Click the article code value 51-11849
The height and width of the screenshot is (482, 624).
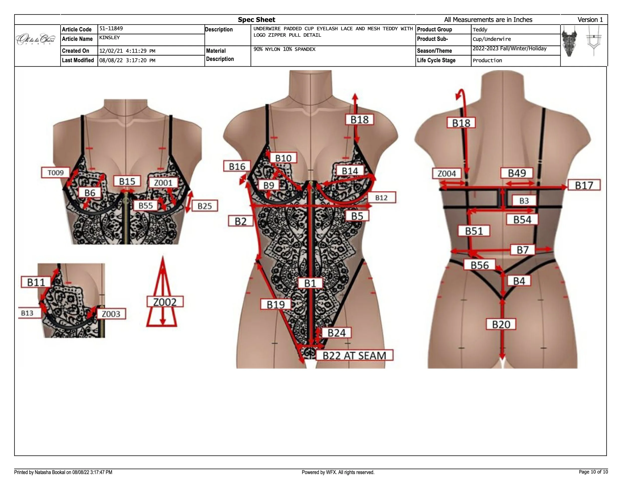(111, 28)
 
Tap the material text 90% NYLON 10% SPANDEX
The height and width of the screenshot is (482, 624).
(284, 49)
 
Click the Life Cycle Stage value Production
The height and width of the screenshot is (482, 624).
(487, 61)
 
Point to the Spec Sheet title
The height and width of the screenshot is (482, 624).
(256, 20)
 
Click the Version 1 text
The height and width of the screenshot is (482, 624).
(590, 20)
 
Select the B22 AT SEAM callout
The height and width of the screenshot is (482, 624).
(354, 356)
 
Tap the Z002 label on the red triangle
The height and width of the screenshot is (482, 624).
(165, 302)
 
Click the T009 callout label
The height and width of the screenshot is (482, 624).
(55, 173)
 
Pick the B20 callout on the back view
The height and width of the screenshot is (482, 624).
(501, 324)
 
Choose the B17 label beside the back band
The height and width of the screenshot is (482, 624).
(584, 185)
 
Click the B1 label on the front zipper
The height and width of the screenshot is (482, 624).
(310, 283)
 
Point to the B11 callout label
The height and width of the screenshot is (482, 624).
(36, 282)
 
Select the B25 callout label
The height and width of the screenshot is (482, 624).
(205, 206)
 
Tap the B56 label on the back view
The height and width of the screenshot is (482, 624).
(480, 265)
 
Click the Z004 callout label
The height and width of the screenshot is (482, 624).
(447, 173)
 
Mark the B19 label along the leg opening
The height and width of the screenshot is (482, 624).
(276, 304)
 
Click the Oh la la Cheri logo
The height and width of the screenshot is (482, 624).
(36, 39)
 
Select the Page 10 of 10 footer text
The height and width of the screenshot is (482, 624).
(593, 472)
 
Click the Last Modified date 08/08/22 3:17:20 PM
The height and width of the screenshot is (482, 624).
(127, 61)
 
